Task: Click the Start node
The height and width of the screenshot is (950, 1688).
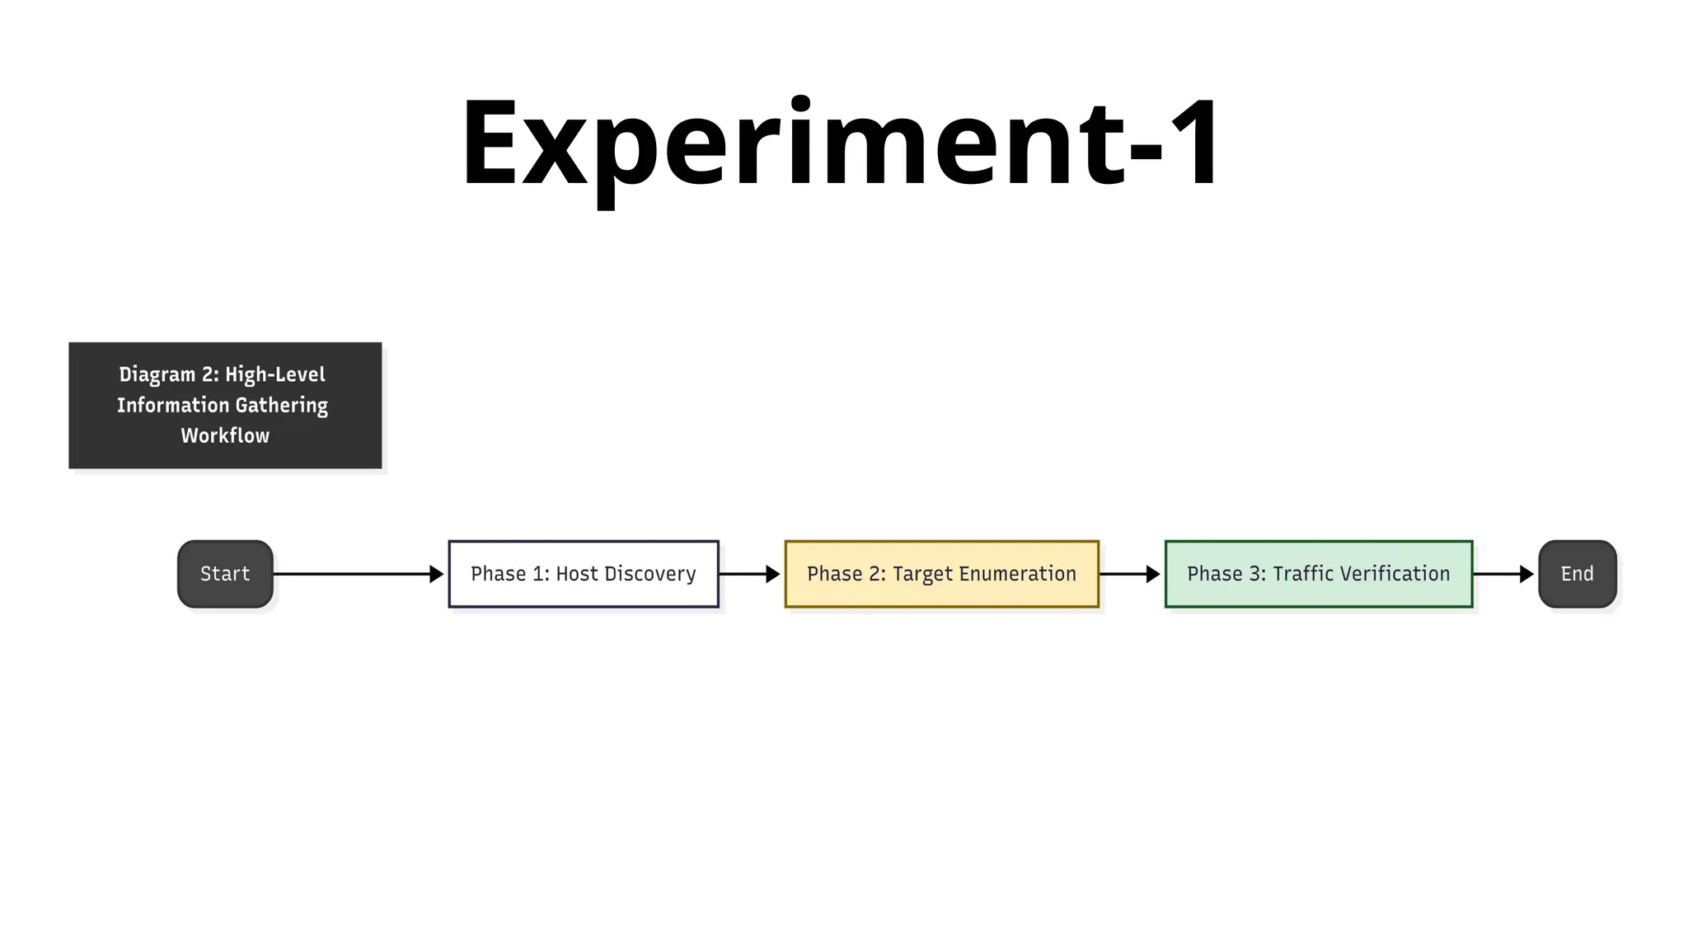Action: [225, 574]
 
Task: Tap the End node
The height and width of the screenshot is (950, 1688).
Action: [1577, 574]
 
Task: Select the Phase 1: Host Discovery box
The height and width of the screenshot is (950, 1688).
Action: [584, 574]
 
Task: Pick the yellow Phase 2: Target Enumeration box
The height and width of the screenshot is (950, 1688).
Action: [941, 574]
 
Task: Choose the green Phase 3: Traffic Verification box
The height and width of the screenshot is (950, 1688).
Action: [1318, 574]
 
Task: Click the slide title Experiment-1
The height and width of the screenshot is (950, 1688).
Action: [841, 144]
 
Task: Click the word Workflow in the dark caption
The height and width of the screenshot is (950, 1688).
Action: [225, 435]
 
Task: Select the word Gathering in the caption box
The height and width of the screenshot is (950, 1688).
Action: [281, 406]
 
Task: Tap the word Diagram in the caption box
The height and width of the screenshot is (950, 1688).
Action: [157, 375]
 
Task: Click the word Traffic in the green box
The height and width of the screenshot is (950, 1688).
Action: [1301, 574]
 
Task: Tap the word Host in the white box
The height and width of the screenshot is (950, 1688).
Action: [577, 574]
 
